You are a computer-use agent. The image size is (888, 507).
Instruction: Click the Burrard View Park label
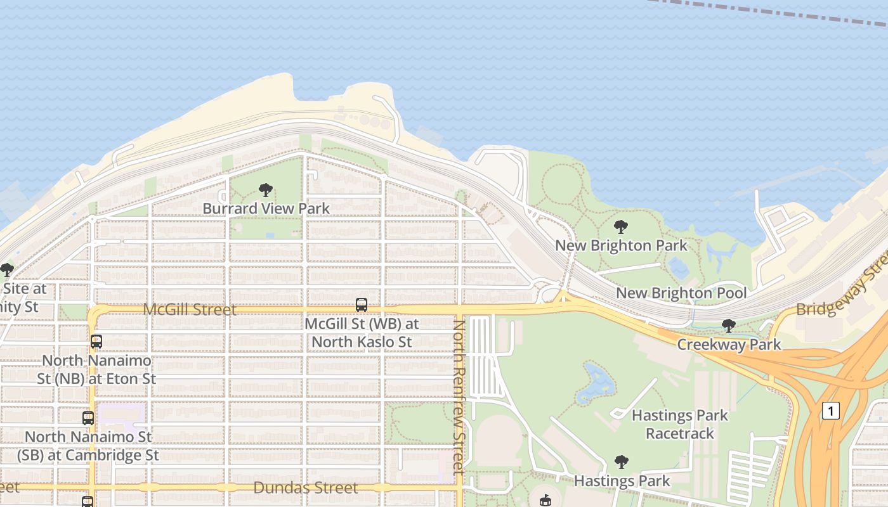pos(266,209)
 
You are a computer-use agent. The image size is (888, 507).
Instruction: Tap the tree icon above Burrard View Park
pos(266,189)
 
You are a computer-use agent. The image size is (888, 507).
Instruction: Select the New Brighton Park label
pos(621,245)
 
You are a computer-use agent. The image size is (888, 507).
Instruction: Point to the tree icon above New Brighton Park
pos(621,226)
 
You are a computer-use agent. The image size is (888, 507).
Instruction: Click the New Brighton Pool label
pos(681,293)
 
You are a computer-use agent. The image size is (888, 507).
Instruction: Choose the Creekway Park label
pos(729,345)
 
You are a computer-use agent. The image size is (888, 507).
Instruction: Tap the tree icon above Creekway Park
pos(729,326)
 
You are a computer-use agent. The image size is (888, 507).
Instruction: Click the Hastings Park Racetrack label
pos(680,425)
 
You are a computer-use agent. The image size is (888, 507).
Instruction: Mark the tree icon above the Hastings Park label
pos(622,462)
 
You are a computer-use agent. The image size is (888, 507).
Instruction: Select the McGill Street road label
pos(190,309)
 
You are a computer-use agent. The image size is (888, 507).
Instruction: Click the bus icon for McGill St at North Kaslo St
pos(362,305)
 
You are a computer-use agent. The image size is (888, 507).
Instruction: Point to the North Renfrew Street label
pos(459,396)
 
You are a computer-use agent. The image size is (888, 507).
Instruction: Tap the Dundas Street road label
pos(306,487)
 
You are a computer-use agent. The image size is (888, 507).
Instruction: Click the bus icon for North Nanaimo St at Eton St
pos(96,342)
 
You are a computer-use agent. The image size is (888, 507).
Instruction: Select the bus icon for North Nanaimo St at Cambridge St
pos(88,418)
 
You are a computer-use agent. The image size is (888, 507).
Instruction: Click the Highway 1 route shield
pos(830,411)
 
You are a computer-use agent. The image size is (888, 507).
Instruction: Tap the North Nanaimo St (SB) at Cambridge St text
pos(88,446)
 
